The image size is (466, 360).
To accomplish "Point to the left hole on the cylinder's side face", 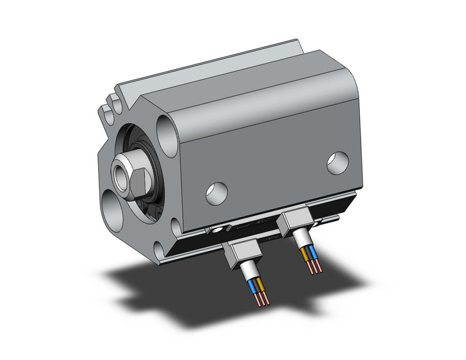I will [x=216, y=193].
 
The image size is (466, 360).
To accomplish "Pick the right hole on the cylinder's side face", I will [x=337, y=162].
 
